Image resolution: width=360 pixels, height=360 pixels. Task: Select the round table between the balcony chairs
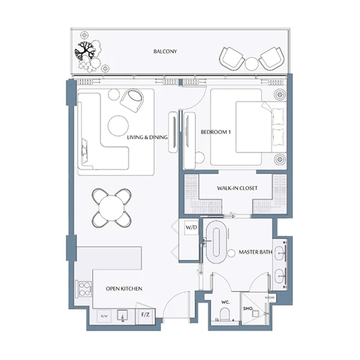coord(251,62)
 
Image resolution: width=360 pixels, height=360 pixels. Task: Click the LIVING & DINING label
coord(147,137)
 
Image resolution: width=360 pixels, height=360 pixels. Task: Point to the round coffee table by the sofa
coord(118,124)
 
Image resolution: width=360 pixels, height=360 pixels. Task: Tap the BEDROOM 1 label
coord(215,132)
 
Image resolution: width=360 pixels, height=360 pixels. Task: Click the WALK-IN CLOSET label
coord(237,188)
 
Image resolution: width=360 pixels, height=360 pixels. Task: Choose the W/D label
coord(191,228)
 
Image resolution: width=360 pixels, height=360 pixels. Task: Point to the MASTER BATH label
coord(256,252)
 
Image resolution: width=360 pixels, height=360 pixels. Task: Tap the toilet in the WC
coord(225,316)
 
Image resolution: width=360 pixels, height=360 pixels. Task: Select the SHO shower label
coord(246,309)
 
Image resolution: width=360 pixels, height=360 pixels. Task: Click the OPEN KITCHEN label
coord(124,289)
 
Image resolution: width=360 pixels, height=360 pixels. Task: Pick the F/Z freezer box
coord(145,314)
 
